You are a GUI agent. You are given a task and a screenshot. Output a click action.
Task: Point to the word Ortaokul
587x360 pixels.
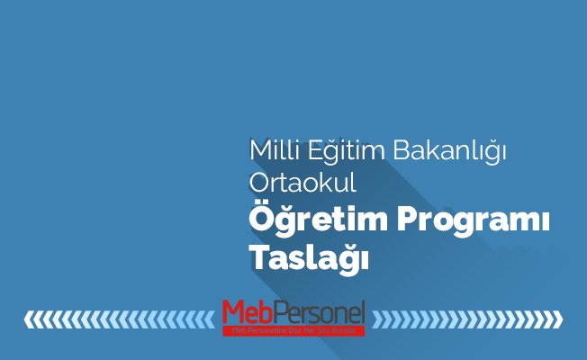[303, 183]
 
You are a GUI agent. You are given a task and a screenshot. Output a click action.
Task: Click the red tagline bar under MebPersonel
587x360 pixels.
[294, 330]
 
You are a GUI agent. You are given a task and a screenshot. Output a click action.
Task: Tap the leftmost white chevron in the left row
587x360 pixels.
[29, 319]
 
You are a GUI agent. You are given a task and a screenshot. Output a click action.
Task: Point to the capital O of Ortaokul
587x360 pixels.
[258, 183]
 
